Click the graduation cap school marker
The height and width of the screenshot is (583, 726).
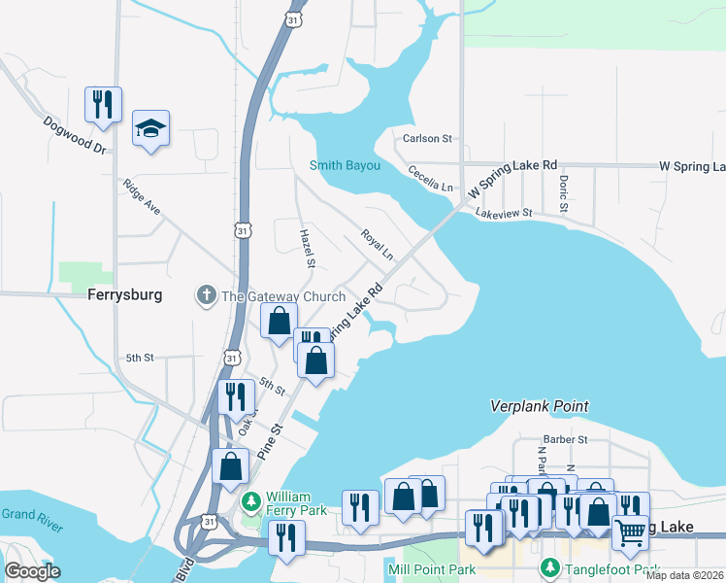click(150, 127)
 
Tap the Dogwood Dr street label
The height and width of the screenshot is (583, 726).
click(74, 135)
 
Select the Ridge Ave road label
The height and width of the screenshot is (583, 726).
click(141, 195)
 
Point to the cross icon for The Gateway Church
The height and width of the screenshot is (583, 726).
click(206, 295)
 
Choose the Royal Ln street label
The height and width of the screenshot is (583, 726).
click(377, 244)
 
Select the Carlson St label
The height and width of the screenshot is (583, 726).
click(428, 139)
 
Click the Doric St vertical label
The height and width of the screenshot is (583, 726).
click(562, 192)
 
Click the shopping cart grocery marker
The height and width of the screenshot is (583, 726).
click(631, 532)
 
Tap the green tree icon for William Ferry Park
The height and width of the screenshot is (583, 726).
click(251, 501)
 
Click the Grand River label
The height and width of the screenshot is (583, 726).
click(31, 520)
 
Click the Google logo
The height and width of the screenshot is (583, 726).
click(31, 571)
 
